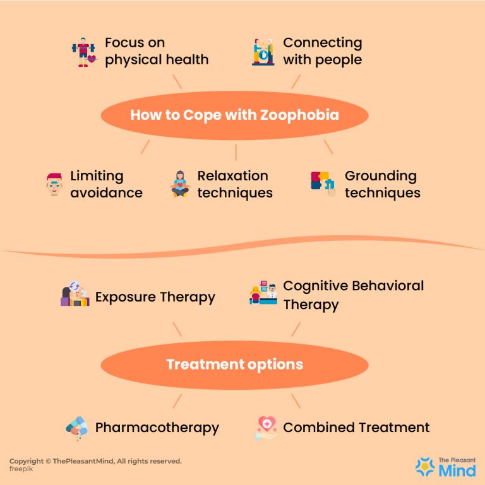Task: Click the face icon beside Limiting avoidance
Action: pyautogui.click(x=54, y=184)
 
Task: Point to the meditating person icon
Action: pyautogui.click(x=181, y=184)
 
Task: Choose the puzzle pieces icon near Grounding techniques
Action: pyautogui.click(x=324, y=184)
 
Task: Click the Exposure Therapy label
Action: pyautogui.click(x=155, y=297)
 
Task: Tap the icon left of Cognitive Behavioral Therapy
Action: pyautogui.click(x=263, y=294)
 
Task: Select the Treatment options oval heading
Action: pyautogui.click(x=234, y=365)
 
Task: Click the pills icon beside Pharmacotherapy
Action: pyautogui.click(x=76, y=428)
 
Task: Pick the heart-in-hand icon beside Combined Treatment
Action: pyautogui.click(x=266, y=428)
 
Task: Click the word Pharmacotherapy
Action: pyautogui.click(x=157, y=428)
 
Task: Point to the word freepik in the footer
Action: pyautogui.click(x=21, y=470)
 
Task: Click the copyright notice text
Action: pyautogui.click(x=95, y=461)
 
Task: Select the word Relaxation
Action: pyautogui.click(x=232, y=176)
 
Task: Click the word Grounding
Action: pyautogui.click(x=380, y=176)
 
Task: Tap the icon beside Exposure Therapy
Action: pyautogui.click(x=75, y=295)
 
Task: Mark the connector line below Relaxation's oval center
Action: pyautogui.click(x=236, y=152)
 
